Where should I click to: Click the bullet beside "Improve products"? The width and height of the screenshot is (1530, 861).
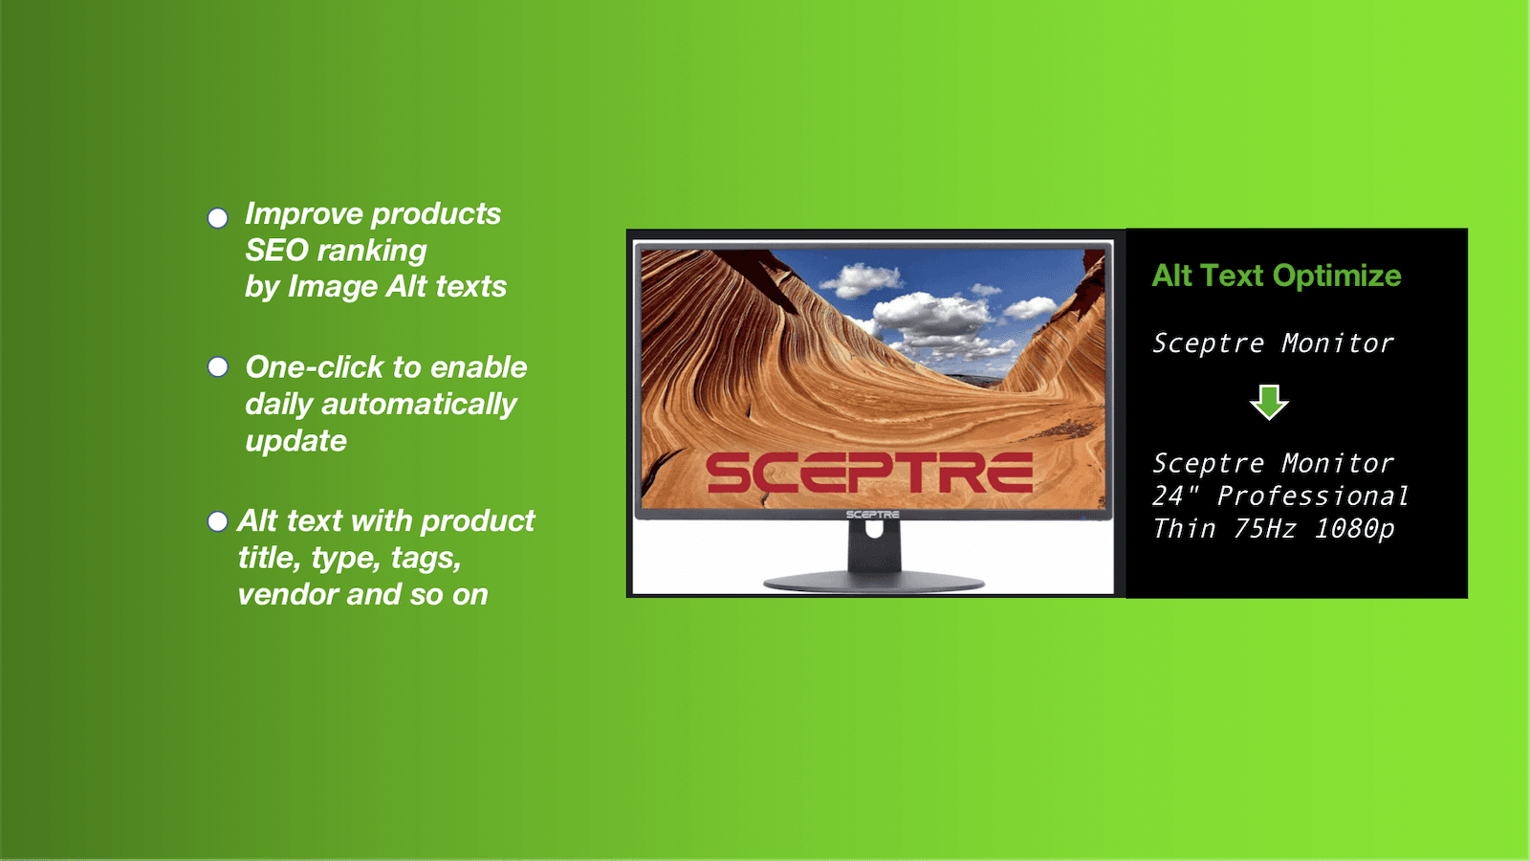click(217, 218)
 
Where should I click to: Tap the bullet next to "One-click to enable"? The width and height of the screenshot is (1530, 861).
click(217, 367)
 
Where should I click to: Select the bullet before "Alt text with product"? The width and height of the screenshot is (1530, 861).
click(217, 521)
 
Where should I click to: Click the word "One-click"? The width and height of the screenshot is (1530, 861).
click(315, 367)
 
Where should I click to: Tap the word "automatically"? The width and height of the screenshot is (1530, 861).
click(419, 405)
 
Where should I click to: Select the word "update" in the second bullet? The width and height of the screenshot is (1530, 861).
click(295, 441)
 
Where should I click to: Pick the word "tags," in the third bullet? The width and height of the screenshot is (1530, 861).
click(426, 559)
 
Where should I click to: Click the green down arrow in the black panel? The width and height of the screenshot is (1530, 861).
click(1269, 402)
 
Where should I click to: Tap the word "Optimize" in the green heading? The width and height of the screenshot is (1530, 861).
click(1337, 276)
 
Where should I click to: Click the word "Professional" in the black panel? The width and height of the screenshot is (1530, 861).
click(1314, 497)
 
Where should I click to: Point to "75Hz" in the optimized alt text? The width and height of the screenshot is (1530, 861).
click(1264, 529)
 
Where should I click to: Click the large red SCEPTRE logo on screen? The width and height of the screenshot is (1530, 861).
click(869, 473)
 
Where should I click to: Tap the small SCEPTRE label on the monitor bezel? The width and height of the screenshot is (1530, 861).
click(872, 515)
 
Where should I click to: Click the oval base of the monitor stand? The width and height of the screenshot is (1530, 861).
click(874, 583)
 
